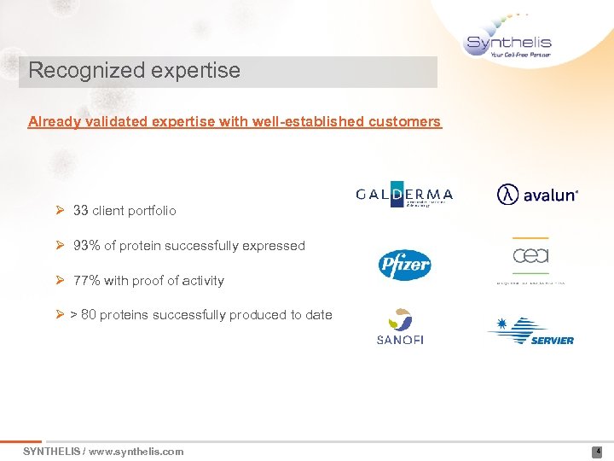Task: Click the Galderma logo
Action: (404, 195)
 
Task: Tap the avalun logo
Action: (537, 195)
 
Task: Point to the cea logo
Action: (530, 257)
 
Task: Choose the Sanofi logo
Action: (400, 327)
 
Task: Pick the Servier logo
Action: (530, 330)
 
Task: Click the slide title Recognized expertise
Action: (134, 71)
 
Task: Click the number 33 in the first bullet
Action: (81, 210)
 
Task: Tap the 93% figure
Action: (86, 246)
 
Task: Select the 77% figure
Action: (86, 281)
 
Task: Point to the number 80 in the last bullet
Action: (90, 315)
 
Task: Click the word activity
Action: (202, 281)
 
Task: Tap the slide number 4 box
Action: (597, 452)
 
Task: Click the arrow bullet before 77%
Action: (61, 281)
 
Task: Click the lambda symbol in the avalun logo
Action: (507, 195)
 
